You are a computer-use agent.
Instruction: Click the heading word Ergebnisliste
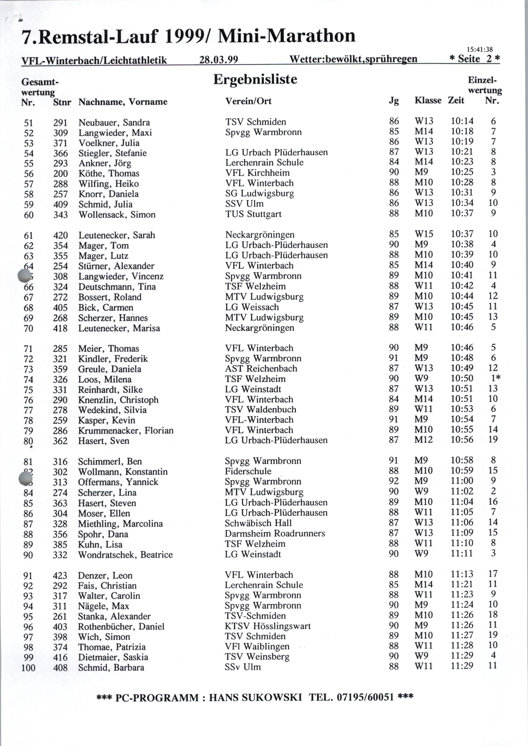[255, 79]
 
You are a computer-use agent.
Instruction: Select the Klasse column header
[428, 100]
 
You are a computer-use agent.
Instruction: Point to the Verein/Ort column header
[248, 101]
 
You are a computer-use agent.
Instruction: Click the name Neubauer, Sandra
[114, 123]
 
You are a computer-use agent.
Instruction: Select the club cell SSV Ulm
[244, 204]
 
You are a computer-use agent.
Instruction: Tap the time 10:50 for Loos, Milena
[462, 378]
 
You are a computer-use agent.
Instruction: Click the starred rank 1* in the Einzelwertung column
[495, 378]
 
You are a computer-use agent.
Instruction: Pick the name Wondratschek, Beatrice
[125, 555]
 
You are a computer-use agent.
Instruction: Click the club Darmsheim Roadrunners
[275, 533]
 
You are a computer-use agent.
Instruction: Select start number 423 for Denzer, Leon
[60, 576]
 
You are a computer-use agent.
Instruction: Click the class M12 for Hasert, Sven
[424, 440]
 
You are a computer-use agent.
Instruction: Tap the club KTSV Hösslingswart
[268, 626]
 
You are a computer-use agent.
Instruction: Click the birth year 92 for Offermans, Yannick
[393, 481]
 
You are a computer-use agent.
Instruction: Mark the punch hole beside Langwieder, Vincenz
[25, 276]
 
